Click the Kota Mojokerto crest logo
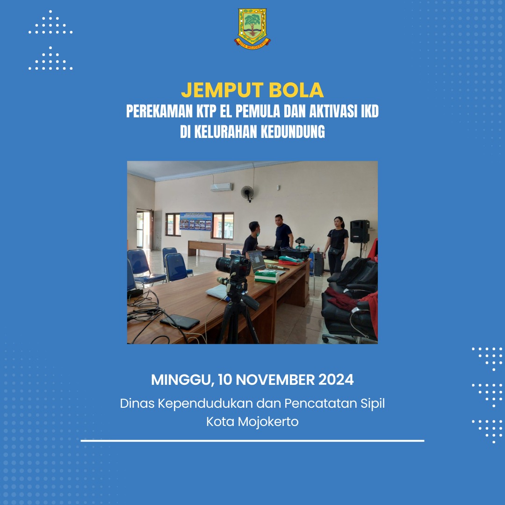[252, 29]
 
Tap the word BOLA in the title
[296, 90]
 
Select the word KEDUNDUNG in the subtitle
[292, 132]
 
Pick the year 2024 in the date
[336, 380]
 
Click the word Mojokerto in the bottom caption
[268, 422]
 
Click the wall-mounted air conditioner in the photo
[222, 187]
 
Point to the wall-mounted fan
[247, 194]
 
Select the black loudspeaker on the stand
[360, 231]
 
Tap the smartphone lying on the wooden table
[180, 321]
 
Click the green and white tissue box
[267, 276]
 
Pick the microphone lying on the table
[278, 267]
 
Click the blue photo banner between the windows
[196, 221]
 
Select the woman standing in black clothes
[336, 245]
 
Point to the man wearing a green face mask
[252, 239]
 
